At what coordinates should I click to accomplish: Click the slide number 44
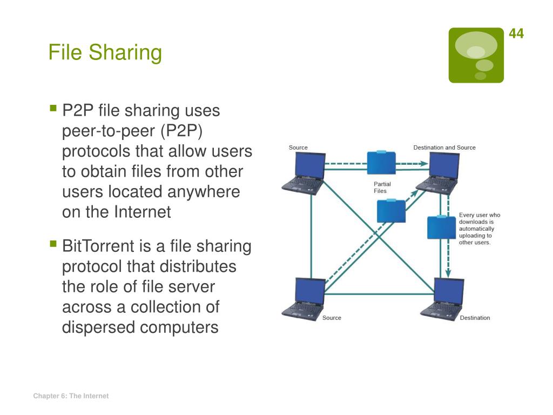[x=516, y=34]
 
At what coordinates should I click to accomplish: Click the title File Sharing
[x=105, y=53]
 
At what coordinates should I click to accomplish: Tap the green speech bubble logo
[x=476, y=56]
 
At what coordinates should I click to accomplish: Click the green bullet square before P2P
[x=53, y=109]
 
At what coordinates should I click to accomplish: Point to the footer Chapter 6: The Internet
[x=71, y=396]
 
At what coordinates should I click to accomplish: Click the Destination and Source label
[x=444, y=148]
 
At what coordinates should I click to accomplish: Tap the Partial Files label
[x=382, y=188]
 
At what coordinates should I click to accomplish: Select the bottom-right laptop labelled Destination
[x=442, y=299]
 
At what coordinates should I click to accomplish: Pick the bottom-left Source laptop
[x=304, y=298]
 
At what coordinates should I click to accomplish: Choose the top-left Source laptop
[x=304, y=172]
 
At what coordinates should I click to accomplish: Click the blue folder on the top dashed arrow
[x=381, y=163]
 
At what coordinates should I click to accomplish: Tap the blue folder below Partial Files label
[x=391, y=211]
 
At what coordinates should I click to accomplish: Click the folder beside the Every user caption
[x=442, y=227]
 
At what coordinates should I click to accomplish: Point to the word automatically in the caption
[x=476, y=229]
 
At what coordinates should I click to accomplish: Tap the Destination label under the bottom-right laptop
[x=475, y=318]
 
